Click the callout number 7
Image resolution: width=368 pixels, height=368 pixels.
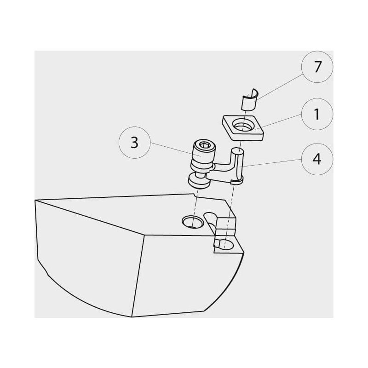pos(317,67)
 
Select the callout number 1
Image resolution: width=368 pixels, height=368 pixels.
pos(317,114)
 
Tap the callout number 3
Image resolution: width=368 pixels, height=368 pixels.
pos(134,143)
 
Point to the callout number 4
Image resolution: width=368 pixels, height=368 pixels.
pos(317,159)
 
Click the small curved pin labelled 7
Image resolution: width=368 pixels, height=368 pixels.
pos(249,100)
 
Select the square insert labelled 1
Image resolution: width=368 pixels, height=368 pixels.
pos(243,128)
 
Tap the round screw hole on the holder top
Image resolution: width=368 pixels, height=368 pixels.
pos(193,222)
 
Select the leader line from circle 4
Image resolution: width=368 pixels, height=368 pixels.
pos(271,163)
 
